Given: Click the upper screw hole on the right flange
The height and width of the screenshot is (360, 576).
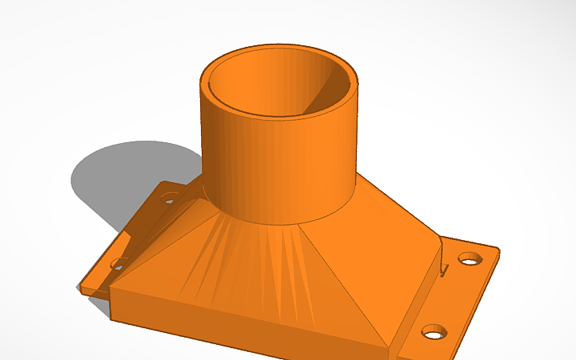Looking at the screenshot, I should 470,259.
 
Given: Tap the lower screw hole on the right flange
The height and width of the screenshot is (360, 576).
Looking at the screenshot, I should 433,331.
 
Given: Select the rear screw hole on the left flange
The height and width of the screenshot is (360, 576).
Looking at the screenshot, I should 169,196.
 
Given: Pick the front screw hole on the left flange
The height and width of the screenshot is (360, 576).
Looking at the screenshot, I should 120,262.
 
